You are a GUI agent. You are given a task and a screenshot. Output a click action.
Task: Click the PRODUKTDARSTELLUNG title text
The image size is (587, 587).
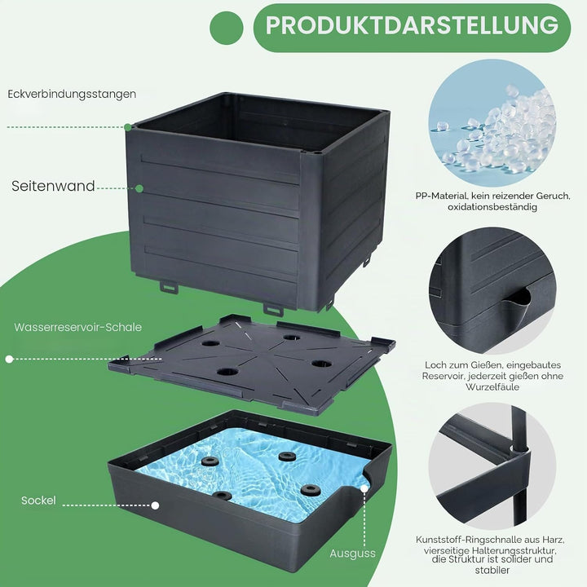412,25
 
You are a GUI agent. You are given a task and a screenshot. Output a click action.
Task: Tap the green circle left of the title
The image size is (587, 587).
227,28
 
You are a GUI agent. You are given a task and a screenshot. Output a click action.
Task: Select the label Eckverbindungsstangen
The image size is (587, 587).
72,94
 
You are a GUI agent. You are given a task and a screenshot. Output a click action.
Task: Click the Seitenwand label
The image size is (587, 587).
53,186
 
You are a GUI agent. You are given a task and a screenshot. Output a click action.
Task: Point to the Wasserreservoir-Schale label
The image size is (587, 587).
78,327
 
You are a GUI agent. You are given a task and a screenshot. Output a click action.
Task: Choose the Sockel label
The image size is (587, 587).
38,501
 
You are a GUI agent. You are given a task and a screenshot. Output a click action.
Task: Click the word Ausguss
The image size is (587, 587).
352,554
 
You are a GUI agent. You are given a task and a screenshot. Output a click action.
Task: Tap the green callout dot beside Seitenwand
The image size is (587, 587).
139,188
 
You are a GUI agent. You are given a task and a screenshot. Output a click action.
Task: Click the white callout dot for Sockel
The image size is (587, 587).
155,505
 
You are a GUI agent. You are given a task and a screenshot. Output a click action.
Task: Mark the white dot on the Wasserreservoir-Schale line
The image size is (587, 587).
9,360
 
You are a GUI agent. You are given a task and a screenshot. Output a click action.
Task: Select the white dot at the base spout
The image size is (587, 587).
364,488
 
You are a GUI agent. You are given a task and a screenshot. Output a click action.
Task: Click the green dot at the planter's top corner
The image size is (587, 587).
128,127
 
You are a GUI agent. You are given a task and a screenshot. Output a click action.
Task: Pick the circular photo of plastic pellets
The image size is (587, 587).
492,123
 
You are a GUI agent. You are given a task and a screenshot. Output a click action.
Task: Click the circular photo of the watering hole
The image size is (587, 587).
492,291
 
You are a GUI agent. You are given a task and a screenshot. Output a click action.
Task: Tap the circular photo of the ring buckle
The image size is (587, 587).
492,466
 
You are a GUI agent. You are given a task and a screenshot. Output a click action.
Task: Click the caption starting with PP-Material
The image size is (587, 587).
492,201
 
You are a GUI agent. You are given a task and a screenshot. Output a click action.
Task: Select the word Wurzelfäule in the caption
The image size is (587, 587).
492,386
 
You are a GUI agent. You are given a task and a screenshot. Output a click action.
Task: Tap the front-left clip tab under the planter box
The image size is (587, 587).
169,287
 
